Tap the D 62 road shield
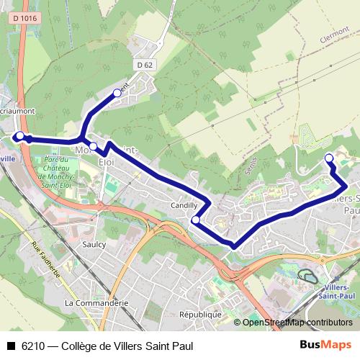pos(144,65)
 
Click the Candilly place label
pos(184,205)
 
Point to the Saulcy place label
pos(94,245)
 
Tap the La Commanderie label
pos(96,303)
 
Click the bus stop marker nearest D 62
pos(117,92)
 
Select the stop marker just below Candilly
pos(195,220)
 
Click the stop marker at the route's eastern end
pos(329,158)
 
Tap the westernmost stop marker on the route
pos(20,136)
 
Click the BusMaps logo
pos(325,345)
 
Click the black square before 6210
pos(10,346)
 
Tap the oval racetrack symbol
pos(310,276)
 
